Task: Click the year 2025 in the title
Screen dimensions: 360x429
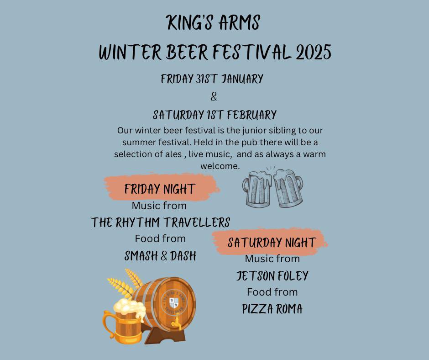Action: click(x=313, y=53)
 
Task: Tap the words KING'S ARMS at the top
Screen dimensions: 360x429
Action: click(x=214, y=23)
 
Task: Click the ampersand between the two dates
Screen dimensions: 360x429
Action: click(x=214, y=97)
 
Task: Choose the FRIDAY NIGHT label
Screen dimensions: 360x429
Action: click(x=160, y=189)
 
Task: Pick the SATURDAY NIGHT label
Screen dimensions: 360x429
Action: click(x=272, y=242)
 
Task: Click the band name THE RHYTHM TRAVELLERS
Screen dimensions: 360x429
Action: click(x=160, y=222)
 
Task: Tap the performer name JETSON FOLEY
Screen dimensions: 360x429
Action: click(x=272, y=276)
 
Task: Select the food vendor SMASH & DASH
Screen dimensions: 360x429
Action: click(x=160, y=256)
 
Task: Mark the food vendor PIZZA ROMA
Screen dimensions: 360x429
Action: click(x=272, y=309)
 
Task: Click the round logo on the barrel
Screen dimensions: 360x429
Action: click(x=173, y=302)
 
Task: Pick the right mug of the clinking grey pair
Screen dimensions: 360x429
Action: click(x=289, y=187)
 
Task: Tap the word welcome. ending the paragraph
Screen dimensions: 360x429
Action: click(x=220, y=166)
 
